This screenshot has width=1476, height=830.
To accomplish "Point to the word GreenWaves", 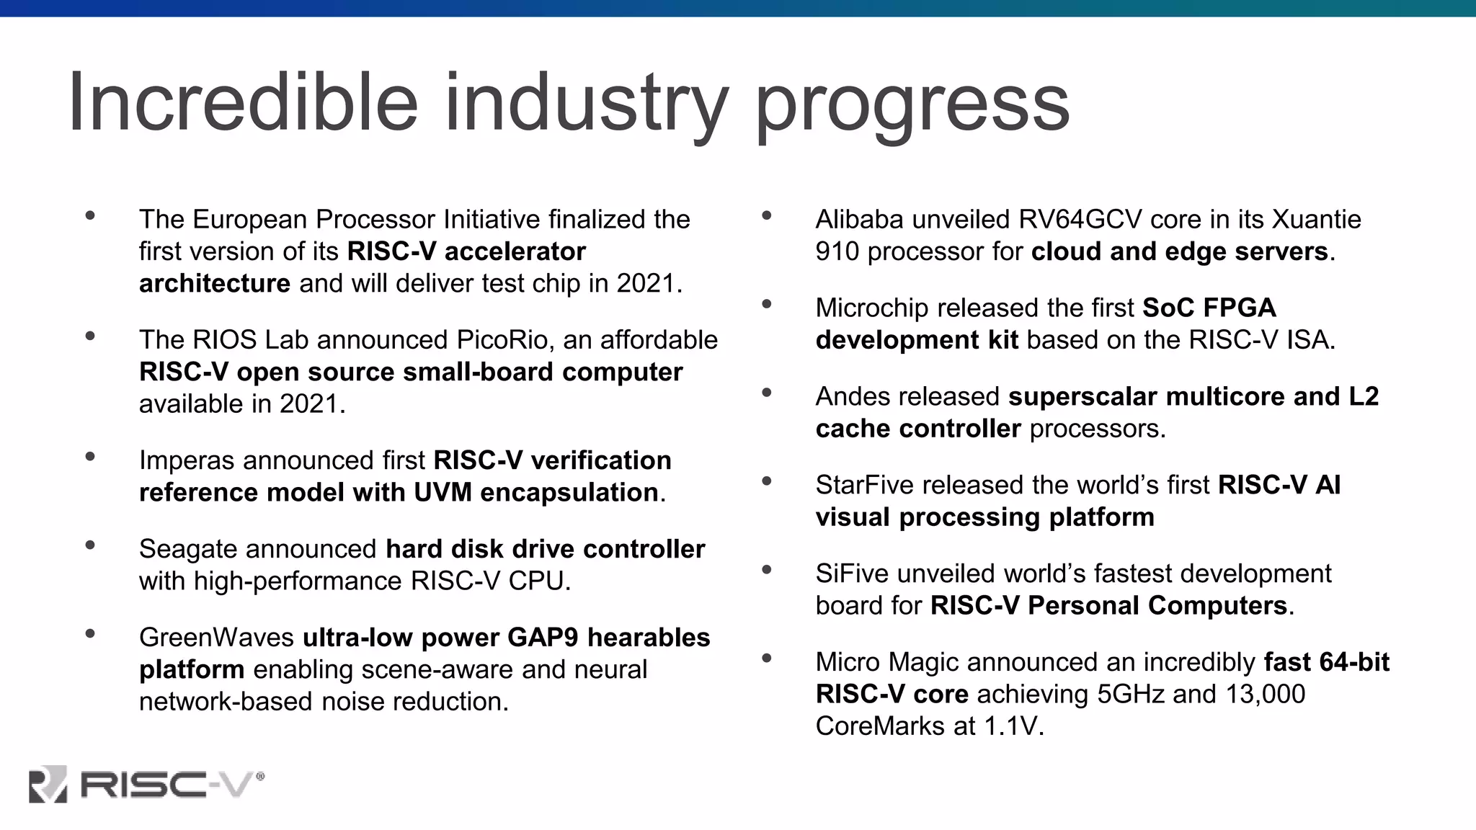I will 216,638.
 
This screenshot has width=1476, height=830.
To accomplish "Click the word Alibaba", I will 859,219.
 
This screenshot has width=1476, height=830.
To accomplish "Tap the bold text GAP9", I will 543,638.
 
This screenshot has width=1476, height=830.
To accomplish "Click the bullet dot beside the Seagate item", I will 90,545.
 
